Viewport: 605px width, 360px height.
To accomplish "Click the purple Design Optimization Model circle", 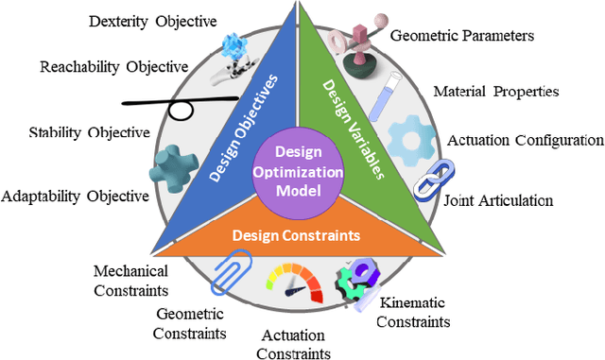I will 298,171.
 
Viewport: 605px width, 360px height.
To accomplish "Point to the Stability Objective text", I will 89,132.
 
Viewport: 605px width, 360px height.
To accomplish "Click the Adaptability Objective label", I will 76,196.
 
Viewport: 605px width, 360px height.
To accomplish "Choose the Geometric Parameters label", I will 462,36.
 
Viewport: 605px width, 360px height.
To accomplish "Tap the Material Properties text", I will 496,92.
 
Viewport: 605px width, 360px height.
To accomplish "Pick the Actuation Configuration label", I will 525,140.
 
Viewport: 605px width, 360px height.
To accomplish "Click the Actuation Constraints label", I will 292,344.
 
